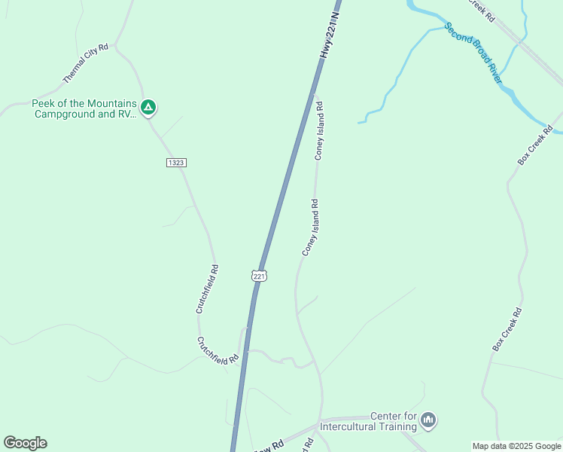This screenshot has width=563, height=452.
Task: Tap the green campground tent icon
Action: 149,108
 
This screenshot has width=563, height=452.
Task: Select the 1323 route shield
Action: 176,163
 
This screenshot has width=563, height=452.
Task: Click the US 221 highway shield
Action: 259,276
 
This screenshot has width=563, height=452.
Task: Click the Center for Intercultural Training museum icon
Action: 428,420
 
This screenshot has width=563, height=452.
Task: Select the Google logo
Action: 25,443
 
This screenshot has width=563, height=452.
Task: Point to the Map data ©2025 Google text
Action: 516,446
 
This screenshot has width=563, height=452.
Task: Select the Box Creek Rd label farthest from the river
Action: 507,328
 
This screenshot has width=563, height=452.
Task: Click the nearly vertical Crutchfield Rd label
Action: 208,289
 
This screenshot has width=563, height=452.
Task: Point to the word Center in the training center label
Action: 386,417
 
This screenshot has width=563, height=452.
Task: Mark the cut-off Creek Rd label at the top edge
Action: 482,9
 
